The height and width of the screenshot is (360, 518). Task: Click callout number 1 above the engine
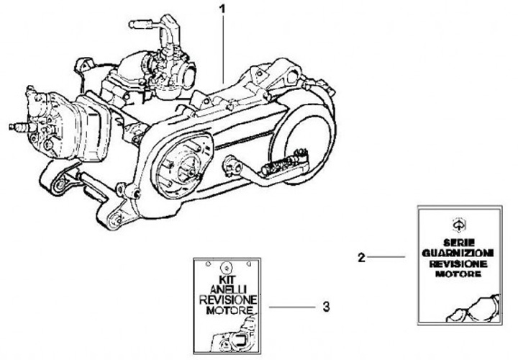(222, 9)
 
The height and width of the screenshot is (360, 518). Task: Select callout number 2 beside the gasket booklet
(362, 257)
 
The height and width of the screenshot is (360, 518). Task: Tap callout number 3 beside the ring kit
(326, 307)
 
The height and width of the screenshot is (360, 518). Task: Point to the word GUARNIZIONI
(458, 253)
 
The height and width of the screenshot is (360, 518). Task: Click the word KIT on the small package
(227, 279)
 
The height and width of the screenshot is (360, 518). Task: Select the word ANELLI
(228, 289)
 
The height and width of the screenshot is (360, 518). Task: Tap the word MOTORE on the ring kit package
(230, 310)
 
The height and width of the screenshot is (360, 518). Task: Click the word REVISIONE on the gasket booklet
(458, 264)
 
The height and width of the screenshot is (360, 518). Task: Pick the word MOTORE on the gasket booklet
(458, 274)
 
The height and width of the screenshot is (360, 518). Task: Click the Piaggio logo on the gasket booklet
(458, 225)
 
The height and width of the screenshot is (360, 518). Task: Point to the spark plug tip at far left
(12, 127)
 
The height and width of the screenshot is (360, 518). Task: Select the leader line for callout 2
(386, 256)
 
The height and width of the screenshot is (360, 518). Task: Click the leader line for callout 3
(292, 307)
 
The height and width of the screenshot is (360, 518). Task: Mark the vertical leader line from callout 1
(223, 49)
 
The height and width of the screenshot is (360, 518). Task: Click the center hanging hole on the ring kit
(227, 267)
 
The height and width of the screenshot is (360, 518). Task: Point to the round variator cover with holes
(181, 166)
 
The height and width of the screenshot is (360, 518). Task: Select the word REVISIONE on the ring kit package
(228, 300)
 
